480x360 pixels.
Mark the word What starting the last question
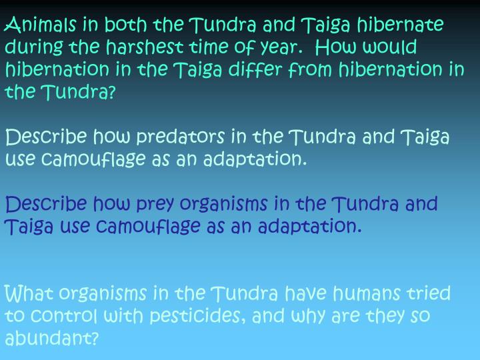29,293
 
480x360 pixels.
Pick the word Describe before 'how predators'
46,138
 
